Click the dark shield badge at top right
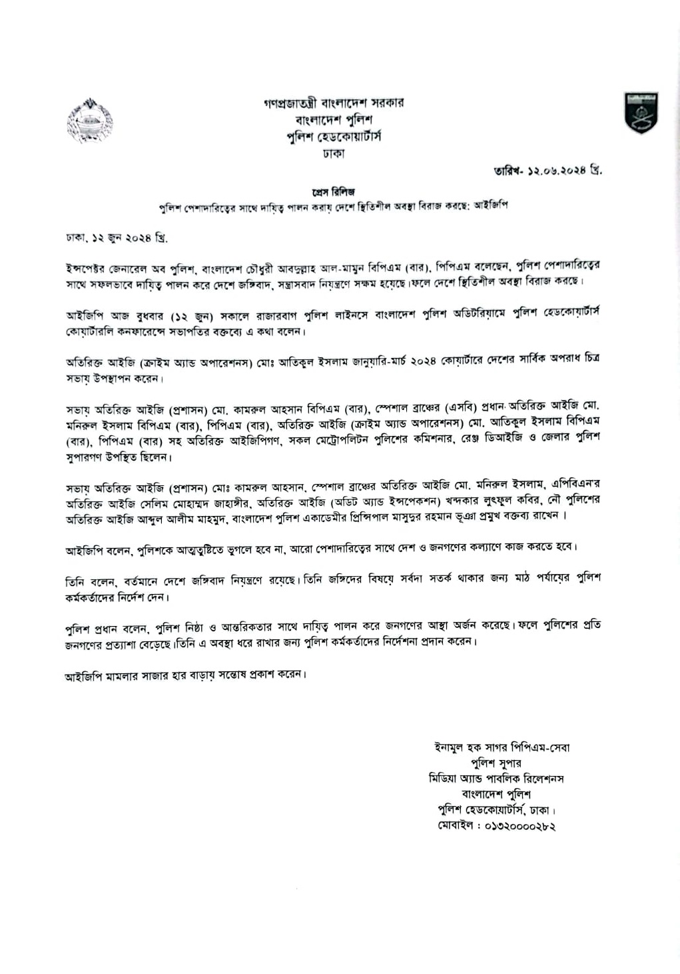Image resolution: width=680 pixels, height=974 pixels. tap(640, 112)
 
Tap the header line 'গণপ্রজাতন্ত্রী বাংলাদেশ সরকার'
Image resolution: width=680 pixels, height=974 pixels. tap(333, 103)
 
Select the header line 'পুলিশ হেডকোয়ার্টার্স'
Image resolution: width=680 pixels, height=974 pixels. tap(333, 136)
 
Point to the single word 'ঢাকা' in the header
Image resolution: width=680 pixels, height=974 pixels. tap(333, 153)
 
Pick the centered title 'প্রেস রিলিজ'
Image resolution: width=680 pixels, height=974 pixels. tap(333, 192)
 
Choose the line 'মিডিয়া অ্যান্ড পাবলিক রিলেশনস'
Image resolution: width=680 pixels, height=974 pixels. tap(496, 779)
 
